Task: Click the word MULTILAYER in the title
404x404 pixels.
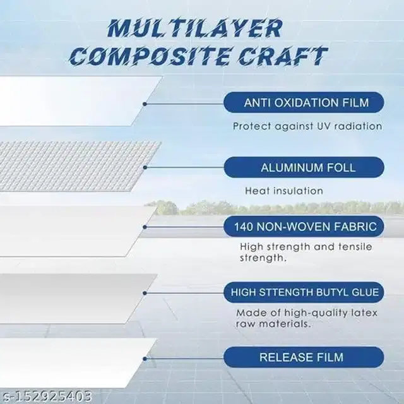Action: point(194,28)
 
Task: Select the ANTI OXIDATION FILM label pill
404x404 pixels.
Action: point(304,102)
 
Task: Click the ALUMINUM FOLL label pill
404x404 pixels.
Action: point(304,167)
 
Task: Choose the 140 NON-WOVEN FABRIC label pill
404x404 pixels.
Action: point(304,227)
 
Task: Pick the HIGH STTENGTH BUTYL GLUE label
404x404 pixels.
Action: point(304,292)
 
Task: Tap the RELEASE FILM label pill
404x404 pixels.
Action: point(304,357)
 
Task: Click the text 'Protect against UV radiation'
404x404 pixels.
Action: point(307,126)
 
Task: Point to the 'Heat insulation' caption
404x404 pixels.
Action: point(283,190)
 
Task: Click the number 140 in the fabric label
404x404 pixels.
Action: point(244,227)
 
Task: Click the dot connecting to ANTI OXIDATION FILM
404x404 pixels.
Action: point(145,102)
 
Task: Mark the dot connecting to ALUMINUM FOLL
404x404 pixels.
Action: point(146,167)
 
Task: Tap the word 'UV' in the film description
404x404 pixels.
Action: point(323,126)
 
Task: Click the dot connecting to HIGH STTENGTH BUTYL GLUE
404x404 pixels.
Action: point(146,292)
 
